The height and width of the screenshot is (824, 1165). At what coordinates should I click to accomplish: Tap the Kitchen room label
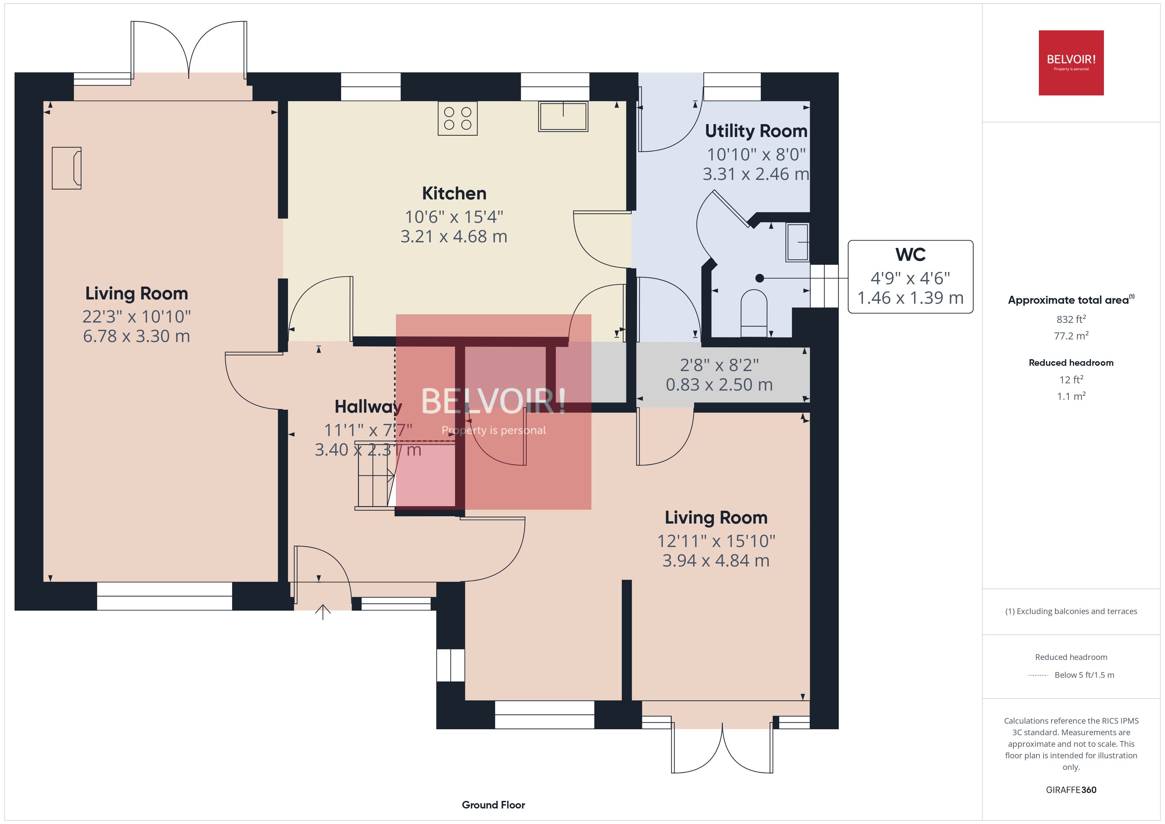454,193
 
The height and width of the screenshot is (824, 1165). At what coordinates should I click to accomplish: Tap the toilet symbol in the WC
754,312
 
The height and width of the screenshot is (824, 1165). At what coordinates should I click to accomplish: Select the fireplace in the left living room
66,168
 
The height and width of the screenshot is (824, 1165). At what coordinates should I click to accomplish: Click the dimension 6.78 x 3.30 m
136,336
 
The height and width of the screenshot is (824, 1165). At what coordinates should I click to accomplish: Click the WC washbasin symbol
797,243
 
